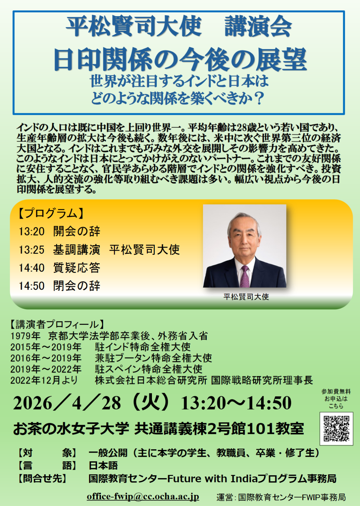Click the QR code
(336, 429)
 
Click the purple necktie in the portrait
(245, 276)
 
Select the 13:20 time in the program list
(31, 232)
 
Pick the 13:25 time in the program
(31, 250)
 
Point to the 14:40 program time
(31, 268)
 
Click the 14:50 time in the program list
(31, 286)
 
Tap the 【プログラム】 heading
(50, 214)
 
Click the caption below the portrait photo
(246, 297)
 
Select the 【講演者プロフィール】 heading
(57, 325)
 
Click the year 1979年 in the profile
(25, 336)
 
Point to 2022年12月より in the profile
(44, 380)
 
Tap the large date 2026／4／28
(67, 403)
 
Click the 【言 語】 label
(47, 466)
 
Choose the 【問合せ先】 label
(42, 478)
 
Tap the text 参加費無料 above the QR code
(336, 391)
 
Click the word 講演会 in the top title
(258, 26)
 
